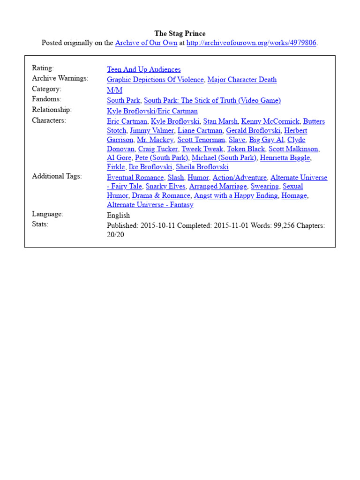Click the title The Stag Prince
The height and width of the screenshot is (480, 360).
pos(180,34)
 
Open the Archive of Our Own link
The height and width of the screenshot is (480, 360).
pos(146,43)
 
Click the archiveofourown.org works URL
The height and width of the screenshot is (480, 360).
pos(252,43)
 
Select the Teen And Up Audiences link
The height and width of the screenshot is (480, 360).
pos(143,69)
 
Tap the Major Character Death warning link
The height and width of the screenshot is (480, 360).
pos(242,80)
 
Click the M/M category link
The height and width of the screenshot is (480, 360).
pos(114,90)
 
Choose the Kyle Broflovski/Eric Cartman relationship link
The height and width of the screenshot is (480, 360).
pos(152,111)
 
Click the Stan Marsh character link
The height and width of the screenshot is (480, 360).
pos(220,121)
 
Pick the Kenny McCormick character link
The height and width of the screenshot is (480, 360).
pos(270,121)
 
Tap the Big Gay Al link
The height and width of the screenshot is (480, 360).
pos(266,140)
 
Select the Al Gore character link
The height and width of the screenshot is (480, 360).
pos(119,158)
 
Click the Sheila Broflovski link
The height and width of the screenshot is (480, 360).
pos(202,167)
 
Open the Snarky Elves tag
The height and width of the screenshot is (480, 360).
pos(165,187)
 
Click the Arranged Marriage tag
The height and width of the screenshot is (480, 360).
pos(218,187)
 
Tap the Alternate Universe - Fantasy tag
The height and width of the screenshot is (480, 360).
pos(150,205)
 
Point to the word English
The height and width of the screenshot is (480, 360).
pos(118,215)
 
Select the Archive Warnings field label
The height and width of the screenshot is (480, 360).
pos(60,78)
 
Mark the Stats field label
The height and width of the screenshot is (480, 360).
pos(40,224)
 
